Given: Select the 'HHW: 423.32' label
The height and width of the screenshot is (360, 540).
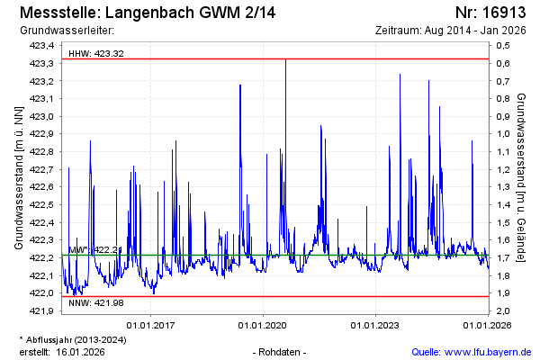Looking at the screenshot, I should (96, 54).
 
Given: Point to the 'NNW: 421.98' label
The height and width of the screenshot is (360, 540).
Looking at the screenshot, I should (96, 304).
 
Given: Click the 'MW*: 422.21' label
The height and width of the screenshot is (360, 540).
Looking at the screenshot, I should (94, 249).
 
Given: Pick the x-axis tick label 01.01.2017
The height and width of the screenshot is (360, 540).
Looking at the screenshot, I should (150, 324).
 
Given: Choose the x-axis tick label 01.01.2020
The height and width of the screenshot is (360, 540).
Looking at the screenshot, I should (263, 324).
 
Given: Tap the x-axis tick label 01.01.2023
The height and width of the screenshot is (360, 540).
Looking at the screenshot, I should (375, 324).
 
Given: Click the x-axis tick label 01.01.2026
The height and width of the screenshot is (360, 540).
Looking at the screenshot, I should (487, 324).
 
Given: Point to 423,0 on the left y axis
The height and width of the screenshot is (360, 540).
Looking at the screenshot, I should (42, 116).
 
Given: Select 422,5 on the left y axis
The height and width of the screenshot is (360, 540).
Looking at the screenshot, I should (42, 204).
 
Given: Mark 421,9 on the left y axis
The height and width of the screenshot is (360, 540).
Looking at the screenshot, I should (42, 310).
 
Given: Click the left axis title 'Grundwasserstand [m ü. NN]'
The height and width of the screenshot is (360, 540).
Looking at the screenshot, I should (19, 176).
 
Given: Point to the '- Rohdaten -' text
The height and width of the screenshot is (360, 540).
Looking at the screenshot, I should (282, 351).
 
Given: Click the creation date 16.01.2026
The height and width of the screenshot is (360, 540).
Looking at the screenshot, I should (80, 351).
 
